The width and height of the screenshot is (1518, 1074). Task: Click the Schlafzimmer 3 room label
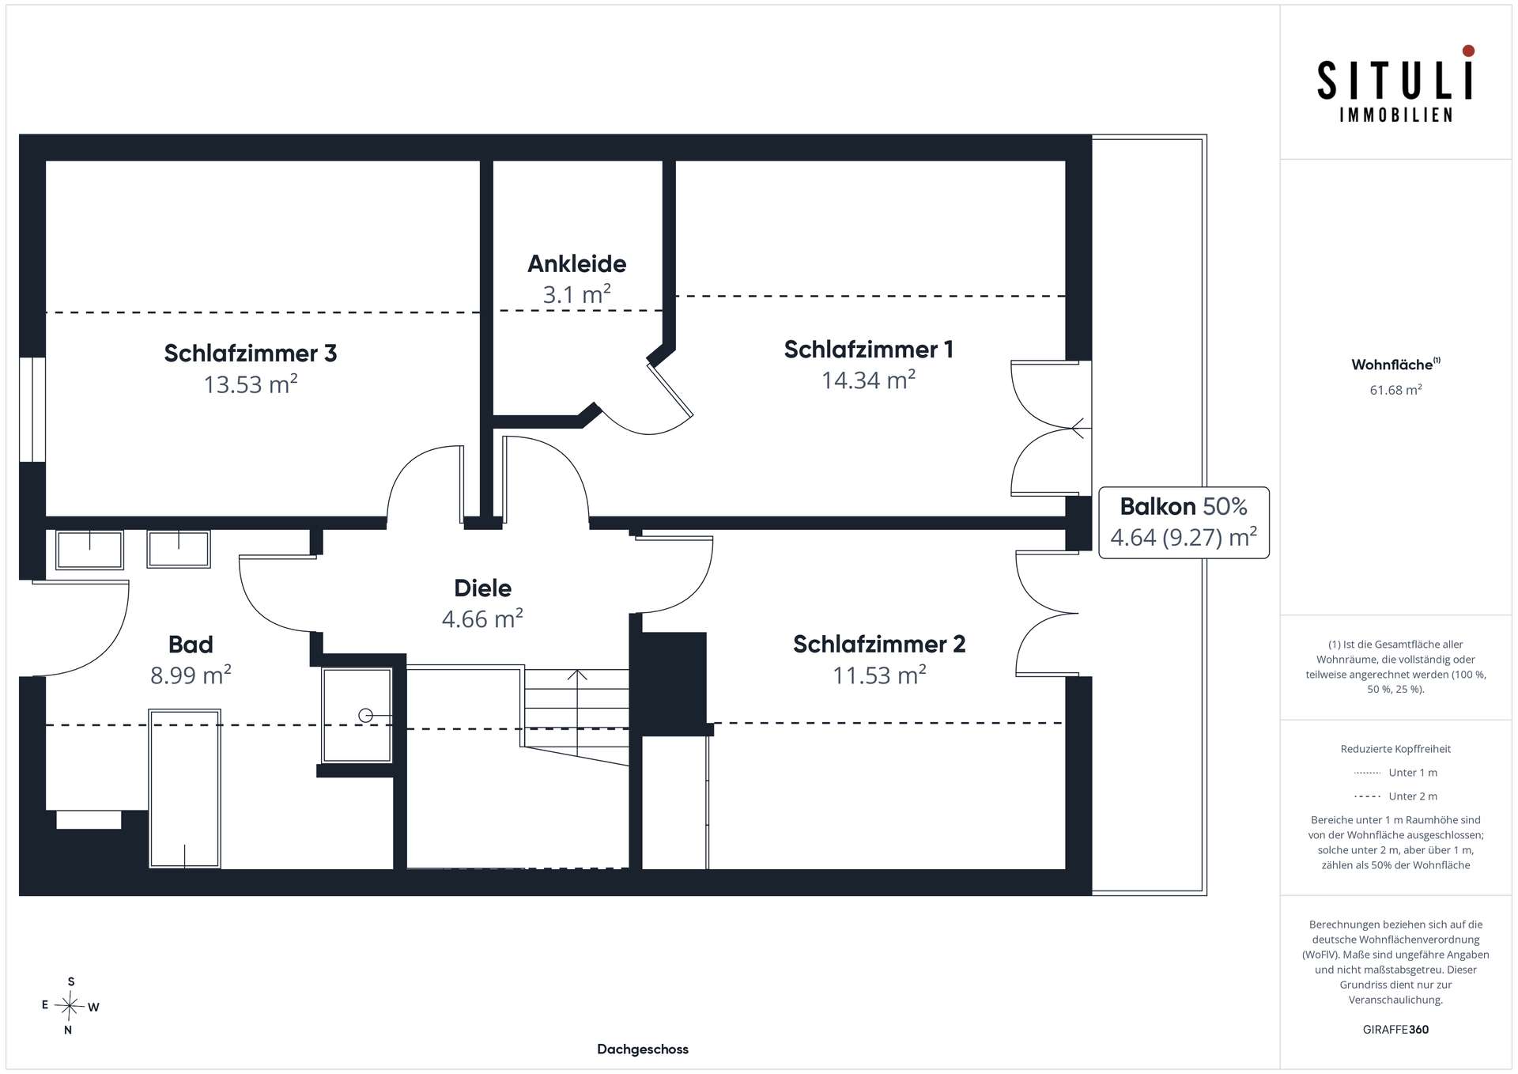click(251, 353)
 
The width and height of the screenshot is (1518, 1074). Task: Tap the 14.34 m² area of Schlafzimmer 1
click(868, 380)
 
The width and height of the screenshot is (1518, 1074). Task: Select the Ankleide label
click(577, 263)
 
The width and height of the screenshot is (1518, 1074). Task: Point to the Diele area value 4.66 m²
click(482, 618)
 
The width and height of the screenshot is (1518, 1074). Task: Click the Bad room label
click(191, 645)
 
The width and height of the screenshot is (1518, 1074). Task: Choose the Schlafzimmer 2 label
click(879, 645)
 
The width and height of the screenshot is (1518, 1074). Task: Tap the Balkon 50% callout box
click(1184, 523)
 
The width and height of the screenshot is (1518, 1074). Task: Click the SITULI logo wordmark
click(1395, 81)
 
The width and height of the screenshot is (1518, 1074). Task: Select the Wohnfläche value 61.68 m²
click(1395, 390)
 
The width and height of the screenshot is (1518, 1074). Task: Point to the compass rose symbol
click(70, 1006)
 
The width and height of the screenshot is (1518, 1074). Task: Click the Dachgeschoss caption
click(643, 1049)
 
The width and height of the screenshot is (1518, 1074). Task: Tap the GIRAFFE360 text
click(1395, 1030)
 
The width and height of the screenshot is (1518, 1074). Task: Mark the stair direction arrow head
click(577, 674)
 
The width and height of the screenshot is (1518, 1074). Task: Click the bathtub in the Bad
click(184, 788)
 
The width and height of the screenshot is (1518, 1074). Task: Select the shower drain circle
click(365, 716)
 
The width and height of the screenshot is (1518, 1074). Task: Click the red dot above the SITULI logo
click(1468, 51)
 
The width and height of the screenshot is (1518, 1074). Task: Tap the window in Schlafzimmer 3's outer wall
click(32, 410)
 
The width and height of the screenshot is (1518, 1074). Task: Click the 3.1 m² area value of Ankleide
click(576, 295)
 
